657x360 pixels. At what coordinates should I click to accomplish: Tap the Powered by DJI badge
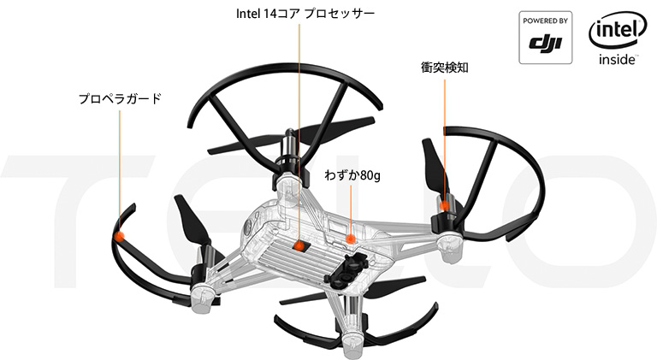547,38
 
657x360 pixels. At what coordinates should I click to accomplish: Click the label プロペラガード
120,99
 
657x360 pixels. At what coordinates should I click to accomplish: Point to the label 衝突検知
443,66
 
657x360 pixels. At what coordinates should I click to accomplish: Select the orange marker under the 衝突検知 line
443,205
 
